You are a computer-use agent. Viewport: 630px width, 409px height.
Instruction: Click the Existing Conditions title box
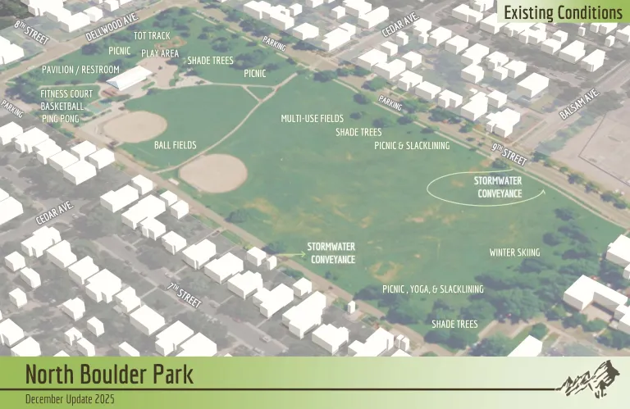click(x=562, y=12)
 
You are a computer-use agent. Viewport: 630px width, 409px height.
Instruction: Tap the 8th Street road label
click(x=32, y=33)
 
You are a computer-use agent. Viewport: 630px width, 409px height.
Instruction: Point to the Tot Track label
click(x=152, y=36)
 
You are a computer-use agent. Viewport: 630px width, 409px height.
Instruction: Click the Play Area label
click(x=160, y=53)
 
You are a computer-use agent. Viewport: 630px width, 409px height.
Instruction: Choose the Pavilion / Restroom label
click(x=80, y=70)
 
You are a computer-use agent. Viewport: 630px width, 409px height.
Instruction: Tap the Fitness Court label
click(x=66, y=94)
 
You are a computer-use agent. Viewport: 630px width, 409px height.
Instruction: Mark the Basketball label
click(x=62, y=107)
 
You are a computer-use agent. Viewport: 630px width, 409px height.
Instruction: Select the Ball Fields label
click(x=176, y=145)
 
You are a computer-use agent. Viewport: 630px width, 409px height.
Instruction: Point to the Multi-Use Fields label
click(x=312, y=119)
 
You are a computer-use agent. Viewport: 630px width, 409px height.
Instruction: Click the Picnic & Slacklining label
click(x=412, y=145)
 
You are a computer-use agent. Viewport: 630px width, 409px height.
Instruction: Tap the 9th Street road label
click(x=509, y=153)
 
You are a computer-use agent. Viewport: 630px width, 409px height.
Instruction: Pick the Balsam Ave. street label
click(x=579, y=104)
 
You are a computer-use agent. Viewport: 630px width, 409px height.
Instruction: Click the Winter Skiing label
click(x=514, y=252)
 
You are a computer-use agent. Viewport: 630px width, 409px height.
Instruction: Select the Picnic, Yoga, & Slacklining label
click(x=432, y=289)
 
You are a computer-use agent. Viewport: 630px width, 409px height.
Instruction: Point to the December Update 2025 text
click(x=70, y=399)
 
